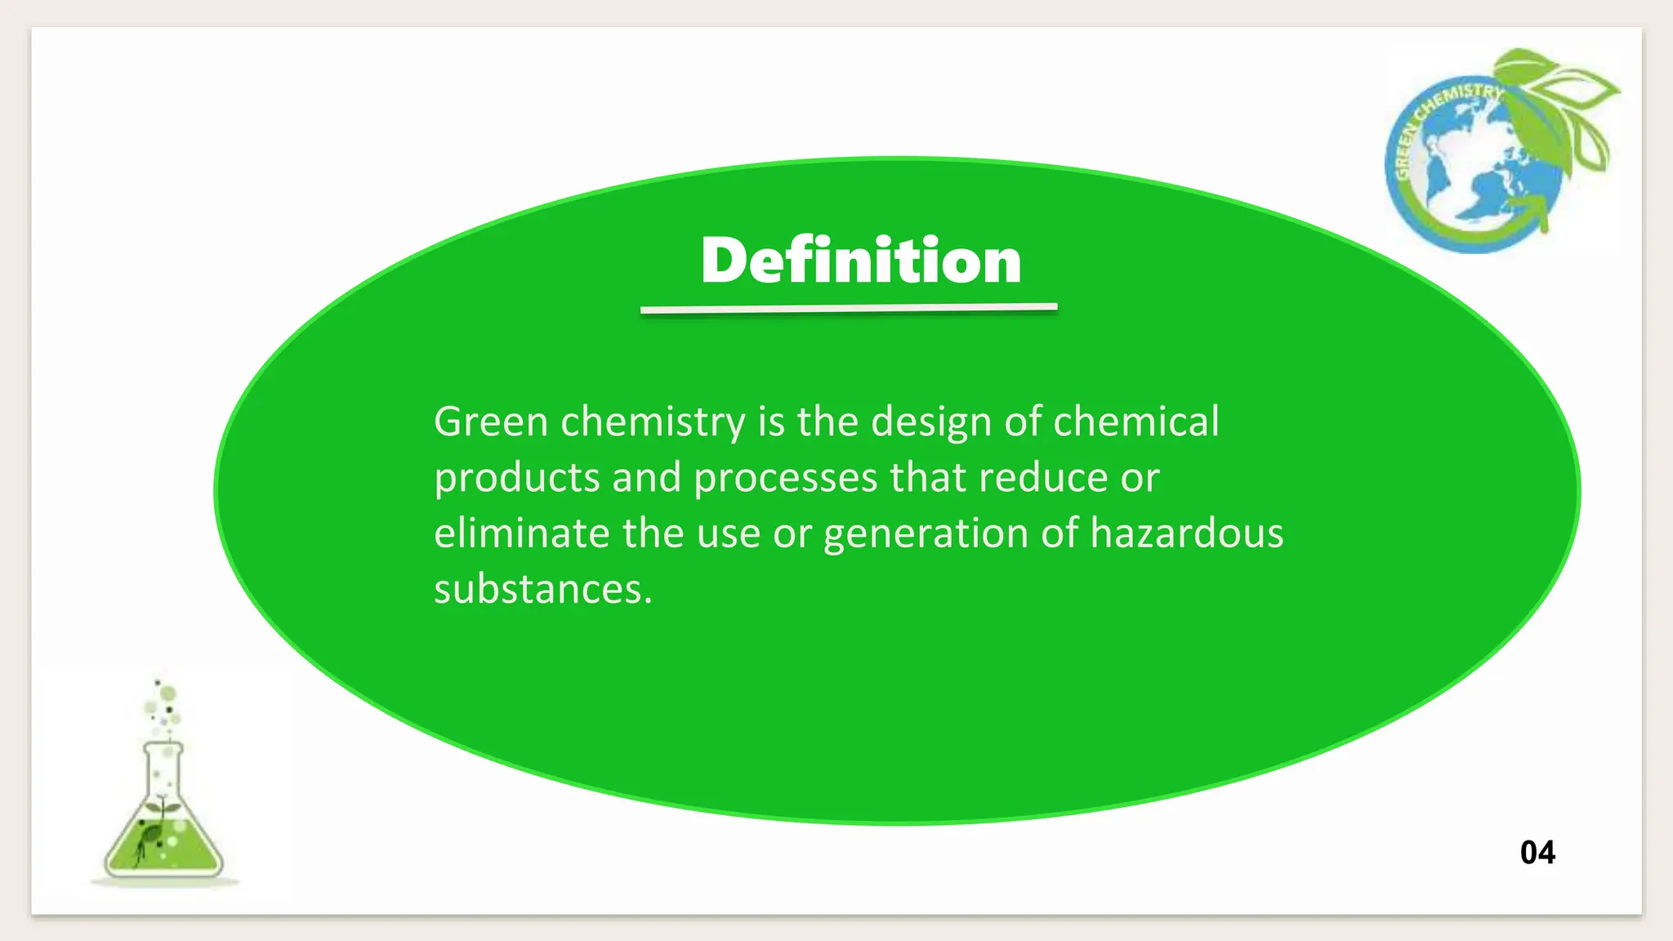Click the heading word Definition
click(x=861, y=261)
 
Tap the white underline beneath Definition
click(x=849, y=308)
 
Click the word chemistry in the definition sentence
click(x=652, y=422)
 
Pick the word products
click(x=516, y=479)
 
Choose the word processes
click(x=785, y=479)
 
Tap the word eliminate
click(x=521, y=533)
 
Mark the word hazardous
click(x=1186, y=533)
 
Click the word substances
click(x=542, y=589)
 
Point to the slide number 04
click(x=1537, y=853)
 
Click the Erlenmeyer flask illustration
click(x=163, y=825)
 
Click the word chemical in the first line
click(x=1135, y=422)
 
